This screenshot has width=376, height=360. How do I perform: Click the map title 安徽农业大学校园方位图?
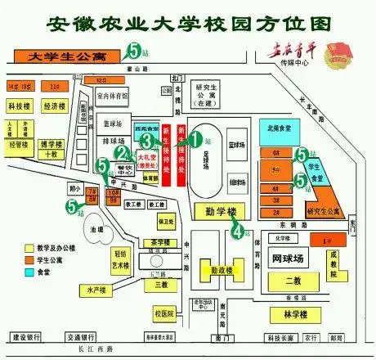[x=188, y=21]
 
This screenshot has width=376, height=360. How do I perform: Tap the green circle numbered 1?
[x=195, y=138]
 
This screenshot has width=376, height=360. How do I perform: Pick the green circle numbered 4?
[x=237, y=232]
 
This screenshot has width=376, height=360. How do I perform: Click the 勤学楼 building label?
[x=216, y=210]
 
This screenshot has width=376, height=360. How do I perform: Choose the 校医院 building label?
[x=164, y=314]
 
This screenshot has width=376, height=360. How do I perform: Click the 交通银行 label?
[x=84, y=337]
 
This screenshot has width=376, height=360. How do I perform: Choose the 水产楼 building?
[x=92, y=290]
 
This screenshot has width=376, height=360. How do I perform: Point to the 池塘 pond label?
[x=98, y=228]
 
